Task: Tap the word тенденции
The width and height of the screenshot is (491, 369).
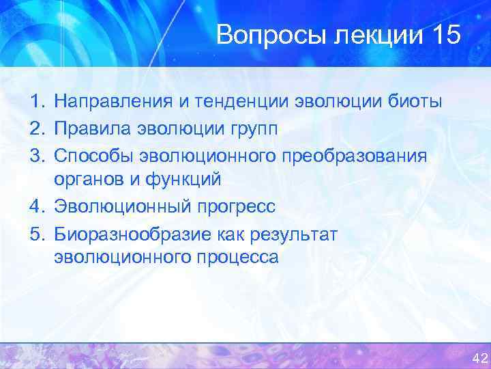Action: pos(239,102)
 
